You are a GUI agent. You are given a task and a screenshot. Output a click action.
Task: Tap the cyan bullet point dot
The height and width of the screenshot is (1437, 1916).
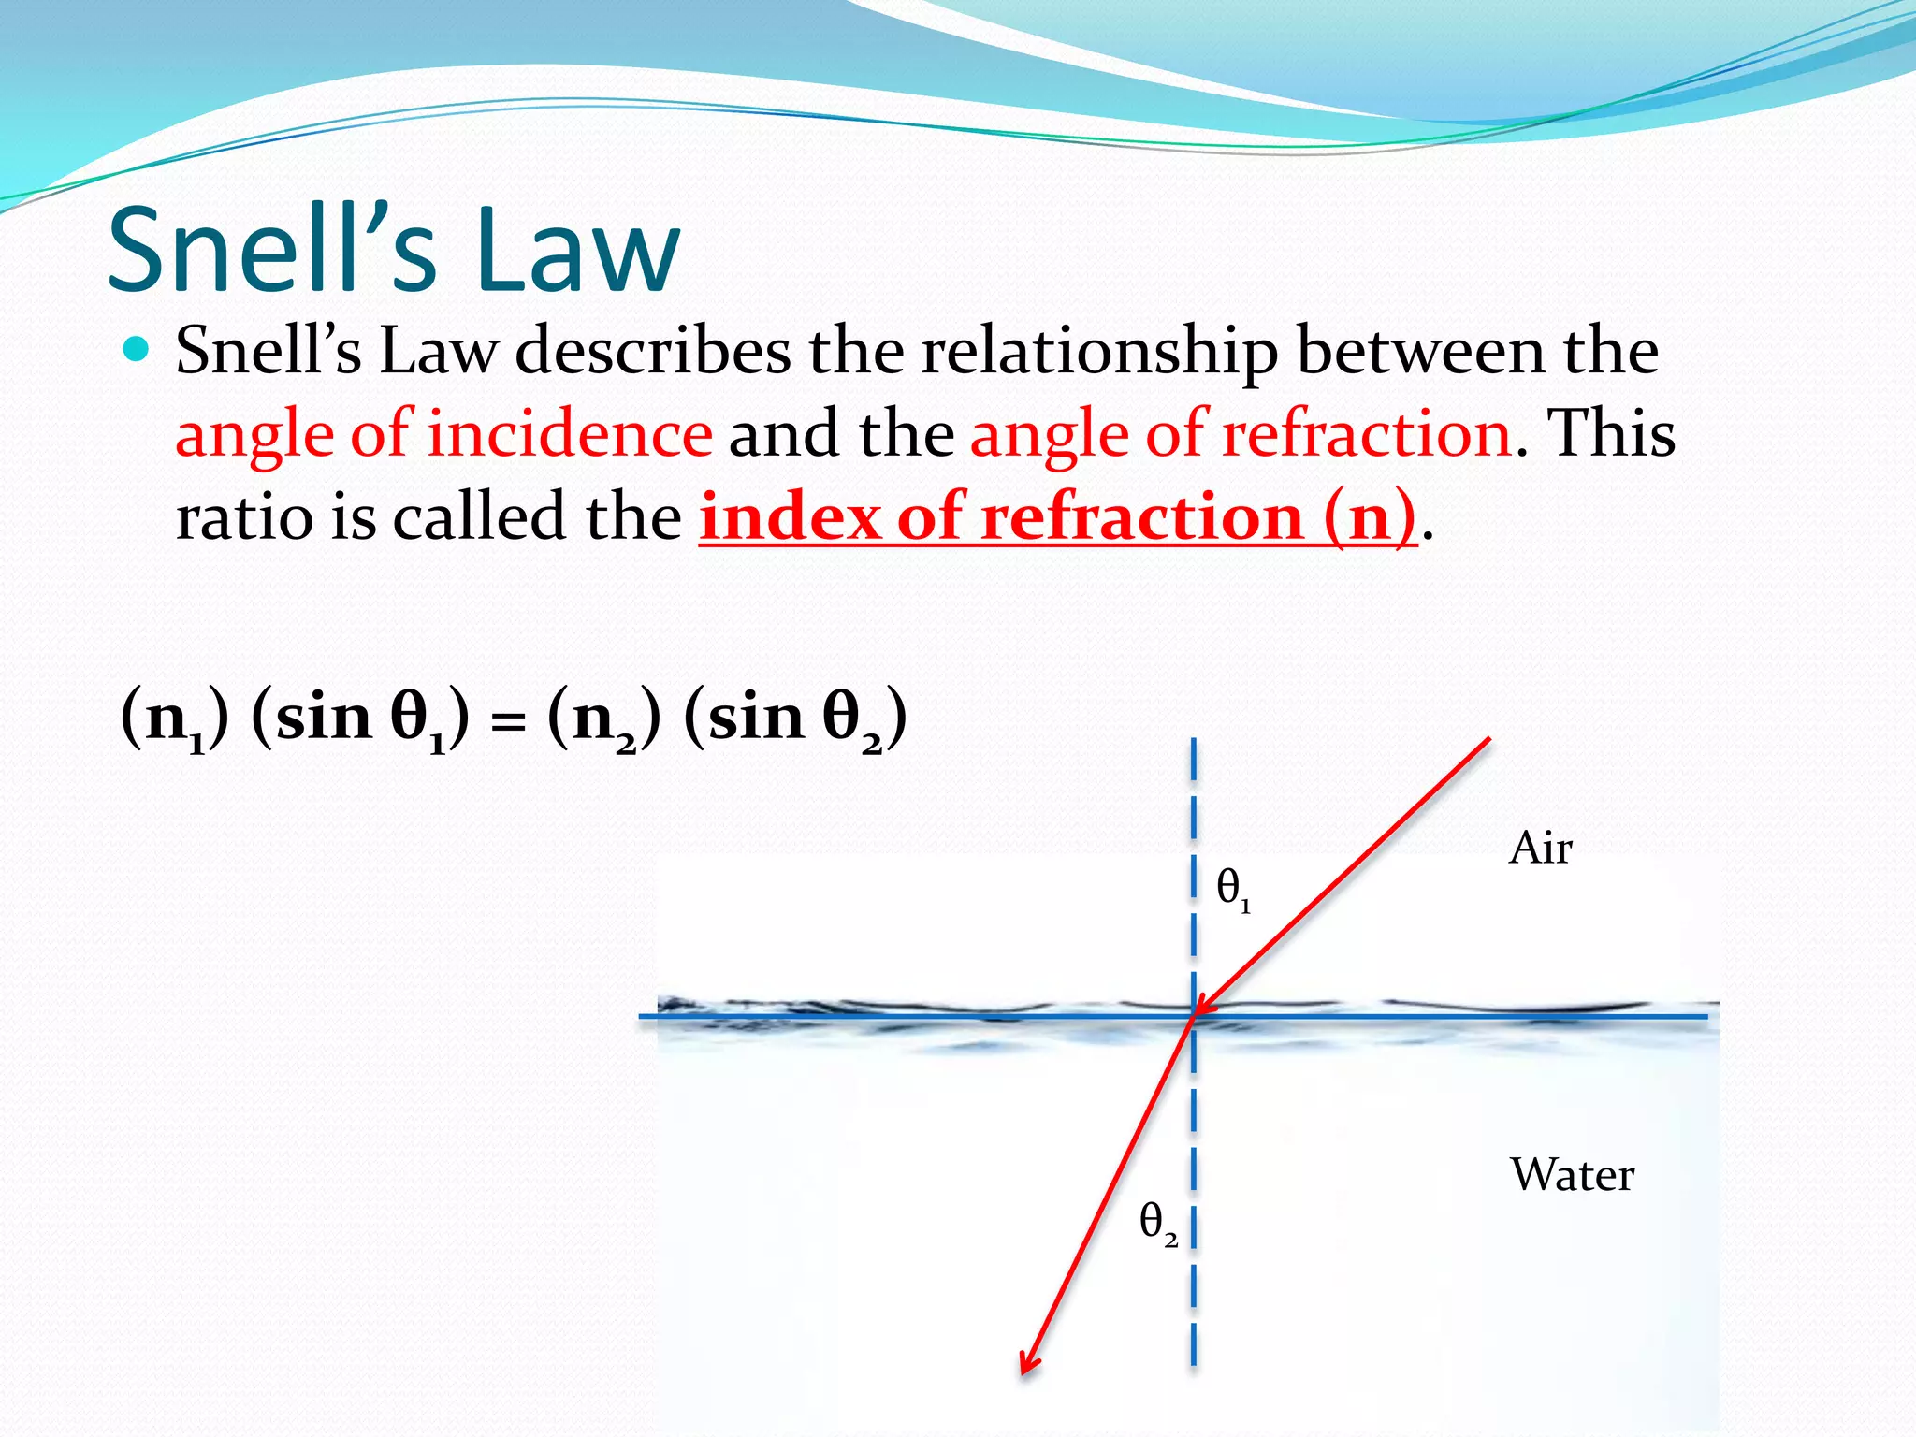coord(137,350)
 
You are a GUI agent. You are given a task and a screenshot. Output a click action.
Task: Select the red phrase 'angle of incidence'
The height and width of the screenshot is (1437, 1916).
coord(443,434)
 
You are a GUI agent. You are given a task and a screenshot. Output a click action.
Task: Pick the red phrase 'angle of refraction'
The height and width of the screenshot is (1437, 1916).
coord(1241,434)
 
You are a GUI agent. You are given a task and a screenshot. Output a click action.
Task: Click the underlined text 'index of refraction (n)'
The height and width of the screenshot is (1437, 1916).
coord(1058,516)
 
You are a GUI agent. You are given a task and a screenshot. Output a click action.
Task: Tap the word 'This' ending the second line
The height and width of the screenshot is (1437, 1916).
coord(1610,434)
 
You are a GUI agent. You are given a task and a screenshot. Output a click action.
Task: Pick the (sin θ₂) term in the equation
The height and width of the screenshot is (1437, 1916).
coord(795,720)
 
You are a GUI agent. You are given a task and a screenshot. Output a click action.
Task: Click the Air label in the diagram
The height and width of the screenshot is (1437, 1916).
coord(1540,848)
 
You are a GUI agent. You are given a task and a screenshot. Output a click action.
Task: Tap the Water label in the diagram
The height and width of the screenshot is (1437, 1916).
coord(1572,1175)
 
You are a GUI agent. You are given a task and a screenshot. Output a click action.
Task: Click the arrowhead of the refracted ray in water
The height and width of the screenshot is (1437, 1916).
coord(1027,1364)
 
